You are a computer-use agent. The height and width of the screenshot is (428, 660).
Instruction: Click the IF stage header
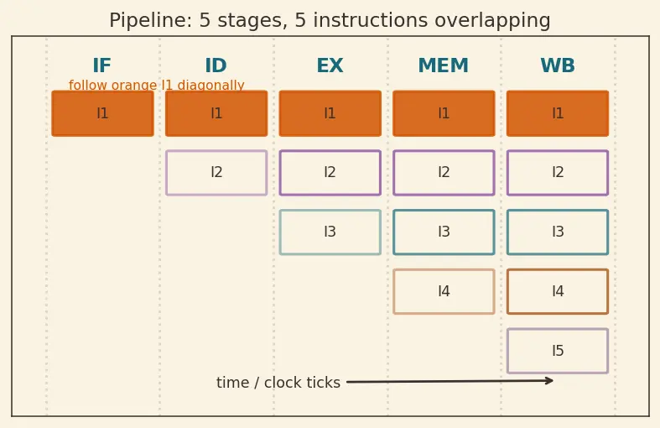(x=101, y=65)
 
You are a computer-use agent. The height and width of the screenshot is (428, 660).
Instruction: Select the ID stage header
(x=216, y=65)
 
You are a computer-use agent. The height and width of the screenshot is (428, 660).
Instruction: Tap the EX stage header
(x=330, y=65)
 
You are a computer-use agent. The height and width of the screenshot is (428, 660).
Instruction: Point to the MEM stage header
(x=444, y=65)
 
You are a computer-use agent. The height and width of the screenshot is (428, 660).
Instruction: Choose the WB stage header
(x=558, y=65)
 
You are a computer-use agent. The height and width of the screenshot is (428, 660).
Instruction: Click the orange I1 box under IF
(x=102, y=113)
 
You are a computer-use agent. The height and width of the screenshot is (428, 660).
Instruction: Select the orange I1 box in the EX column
(x=330, y=113)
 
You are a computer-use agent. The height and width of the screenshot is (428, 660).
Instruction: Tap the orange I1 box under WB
(x=558, y=113)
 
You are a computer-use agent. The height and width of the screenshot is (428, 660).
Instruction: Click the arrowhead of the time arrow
(x=552, y=381)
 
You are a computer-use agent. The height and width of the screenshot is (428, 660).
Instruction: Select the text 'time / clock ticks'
(x=278, y=383)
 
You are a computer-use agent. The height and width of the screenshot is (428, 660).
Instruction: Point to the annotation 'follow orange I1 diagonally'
(x=157, y=85)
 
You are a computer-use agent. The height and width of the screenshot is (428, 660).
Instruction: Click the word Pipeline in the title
(x=151, y=21)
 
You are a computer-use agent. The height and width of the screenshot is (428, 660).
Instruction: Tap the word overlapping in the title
(x=492, y=21)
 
